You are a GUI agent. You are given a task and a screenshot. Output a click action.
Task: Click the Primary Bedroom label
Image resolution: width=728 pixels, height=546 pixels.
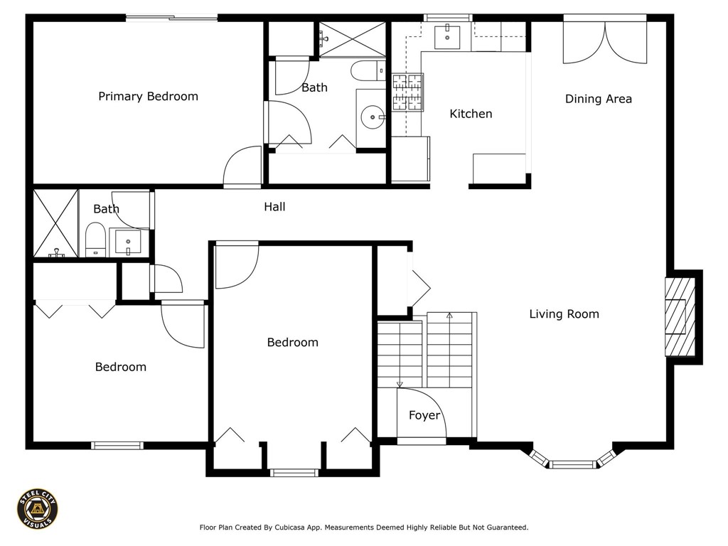(148, 97)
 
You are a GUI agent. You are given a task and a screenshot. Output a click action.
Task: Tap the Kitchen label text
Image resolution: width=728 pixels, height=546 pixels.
(471, 114)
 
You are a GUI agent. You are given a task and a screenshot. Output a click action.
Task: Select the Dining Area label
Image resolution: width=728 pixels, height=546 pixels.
(598, 99)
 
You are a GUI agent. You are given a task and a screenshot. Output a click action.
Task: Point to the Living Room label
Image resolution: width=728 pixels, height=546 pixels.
(564, 314)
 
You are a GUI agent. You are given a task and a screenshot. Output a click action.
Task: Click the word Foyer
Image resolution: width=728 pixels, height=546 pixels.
(424, 416)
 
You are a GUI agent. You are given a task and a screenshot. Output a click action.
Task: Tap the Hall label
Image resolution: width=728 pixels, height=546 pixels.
(274, 207)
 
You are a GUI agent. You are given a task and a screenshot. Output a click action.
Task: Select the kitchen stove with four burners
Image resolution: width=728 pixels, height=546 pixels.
(408, 93)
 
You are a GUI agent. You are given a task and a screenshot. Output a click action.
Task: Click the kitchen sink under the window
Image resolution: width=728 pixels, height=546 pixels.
(448, 36)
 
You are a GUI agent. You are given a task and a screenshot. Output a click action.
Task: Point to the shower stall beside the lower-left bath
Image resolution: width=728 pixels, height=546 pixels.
(55, 223)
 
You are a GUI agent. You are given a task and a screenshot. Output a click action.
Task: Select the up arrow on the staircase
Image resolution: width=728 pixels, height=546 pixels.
(449, 315)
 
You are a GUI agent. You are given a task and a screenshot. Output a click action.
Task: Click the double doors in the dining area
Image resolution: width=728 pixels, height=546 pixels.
(605, 43)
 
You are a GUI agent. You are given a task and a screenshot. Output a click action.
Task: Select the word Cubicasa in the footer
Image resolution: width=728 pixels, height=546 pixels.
(304, 528)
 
